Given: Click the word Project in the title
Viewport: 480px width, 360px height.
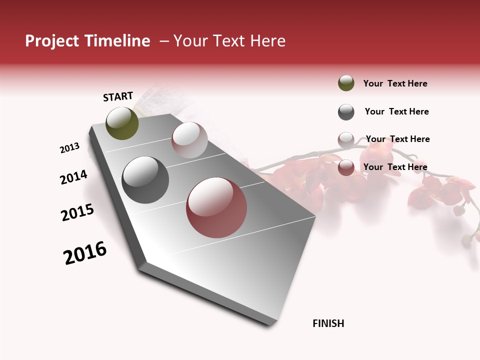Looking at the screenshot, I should (x=51, y=41).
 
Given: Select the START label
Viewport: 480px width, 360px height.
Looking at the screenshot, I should (x=118, y=96).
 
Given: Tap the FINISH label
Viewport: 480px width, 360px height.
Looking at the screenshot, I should (x=328, y=323).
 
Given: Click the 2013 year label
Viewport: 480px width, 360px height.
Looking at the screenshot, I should (x=69, y=148).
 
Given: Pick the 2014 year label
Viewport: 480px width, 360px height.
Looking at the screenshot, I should (x=73, y=177).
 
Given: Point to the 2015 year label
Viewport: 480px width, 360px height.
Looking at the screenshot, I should (x=77, y=212).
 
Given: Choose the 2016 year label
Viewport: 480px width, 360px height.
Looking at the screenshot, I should (x=85, y=252).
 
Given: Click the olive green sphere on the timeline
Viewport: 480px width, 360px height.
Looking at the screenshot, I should (x=122, y=123).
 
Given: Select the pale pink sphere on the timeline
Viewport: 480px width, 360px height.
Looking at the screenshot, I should (x=189, y=140).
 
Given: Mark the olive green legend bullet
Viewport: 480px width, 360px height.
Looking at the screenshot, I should (x=346, y=83).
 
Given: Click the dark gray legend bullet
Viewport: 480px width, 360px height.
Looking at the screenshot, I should (x=346, y=112).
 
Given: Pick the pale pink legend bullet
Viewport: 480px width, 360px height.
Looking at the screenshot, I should (x=346, y=139).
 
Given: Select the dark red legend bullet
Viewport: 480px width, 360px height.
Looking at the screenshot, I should (x=346, y=167).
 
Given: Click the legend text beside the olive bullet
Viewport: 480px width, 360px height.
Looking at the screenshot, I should (x=395, y=83).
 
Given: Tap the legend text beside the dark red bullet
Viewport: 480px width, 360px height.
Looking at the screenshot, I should (x=395, y=167).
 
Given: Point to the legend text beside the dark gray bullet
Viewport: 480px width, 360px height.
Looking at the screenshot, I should (x=396, y=111).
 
